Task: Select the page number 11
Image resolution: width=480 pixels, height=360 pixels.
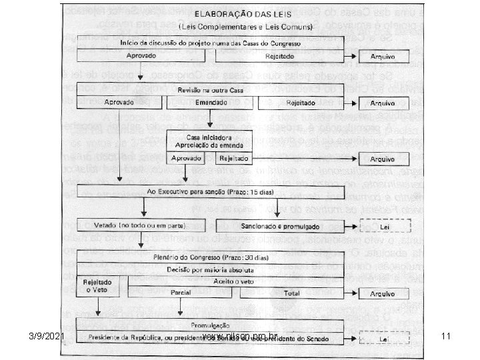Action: tap(447, 337)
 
